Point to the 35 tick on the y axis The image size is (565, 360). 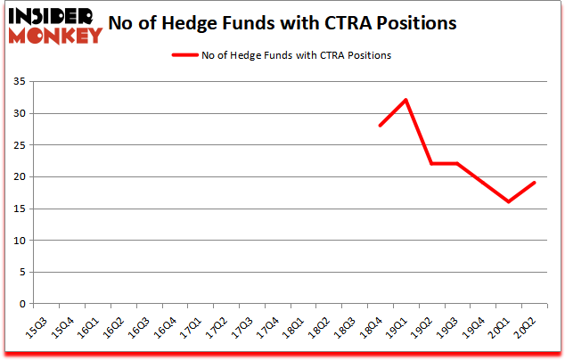[x=18, y=82]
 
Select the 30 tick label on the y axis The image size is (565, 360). [x=18, y=114]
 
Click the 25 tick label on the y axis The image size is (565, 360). [x=18, y=145]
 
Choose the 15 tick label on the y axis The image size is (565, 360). [x=18, y=209]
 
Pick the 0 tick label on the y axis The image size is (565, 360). [x=20, y=304]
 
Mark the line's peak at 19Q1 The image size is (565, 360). [x=405, y=100]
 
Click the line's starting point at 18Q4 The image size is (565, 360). [x=381, y=126]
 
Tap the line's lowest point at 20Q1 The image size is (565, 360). [x=508, y=201]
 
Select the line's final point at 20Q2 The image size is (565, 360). [x=534, y=183]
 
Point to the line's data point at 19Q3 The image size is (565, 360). [x=457, y=163]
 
